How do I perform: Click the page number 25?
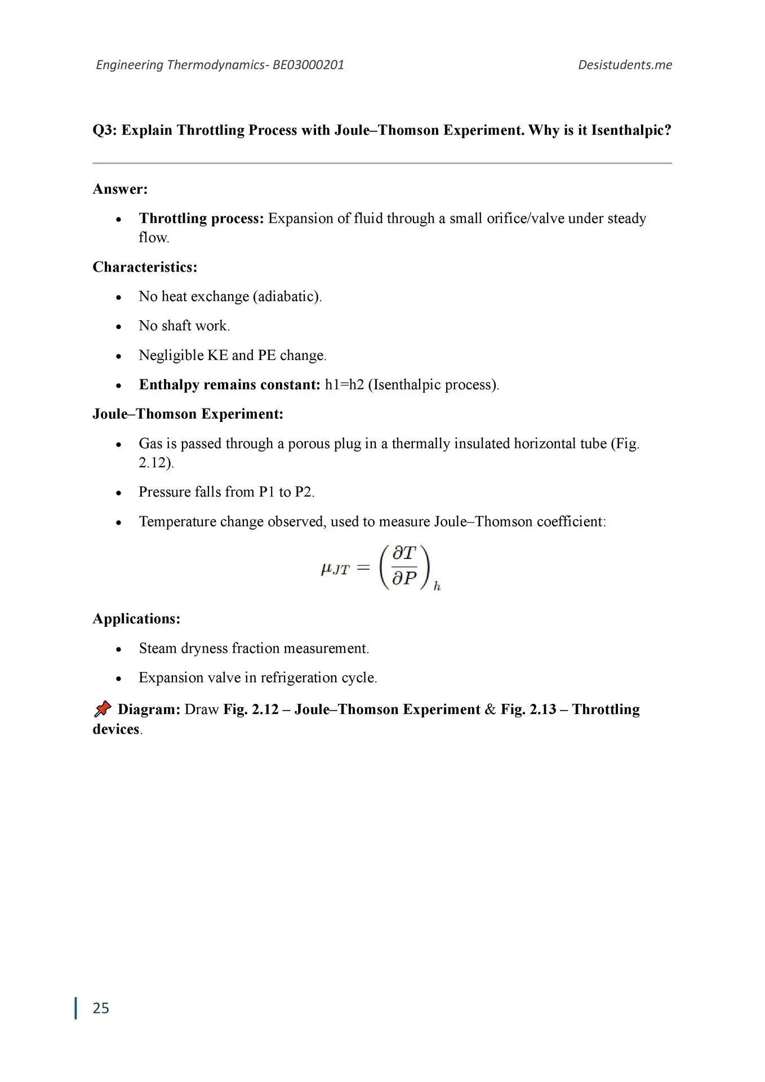[x=101, y=1008]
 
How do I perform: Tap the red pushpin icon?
[x=103, y=709]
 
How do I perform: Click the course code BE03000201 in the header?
[x=308, y=65]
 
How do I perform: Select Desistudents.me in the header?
[x=625, y=65]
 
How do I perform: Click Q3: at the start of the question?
[x=105, y=130]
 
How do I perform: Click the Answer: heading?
[x=120, y=189]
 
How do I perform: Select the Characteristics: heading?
[x=145, y=267]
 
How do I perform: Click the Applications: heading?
[x=136, y=618]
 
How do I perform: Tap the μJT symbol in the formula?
[x=335, y=569]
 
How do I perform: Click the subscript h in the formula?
[x=437, y=587]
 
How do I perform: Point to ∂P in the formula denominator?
[x=404, y=578]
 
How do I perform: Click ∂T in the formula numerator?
[x=404, y=553]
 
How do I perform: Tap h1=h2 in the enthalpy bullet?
[x=344, y=384]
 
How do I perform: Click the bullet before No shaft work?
[x=118, y=326]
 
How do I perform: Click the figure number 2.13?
[x=542, y=709]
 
